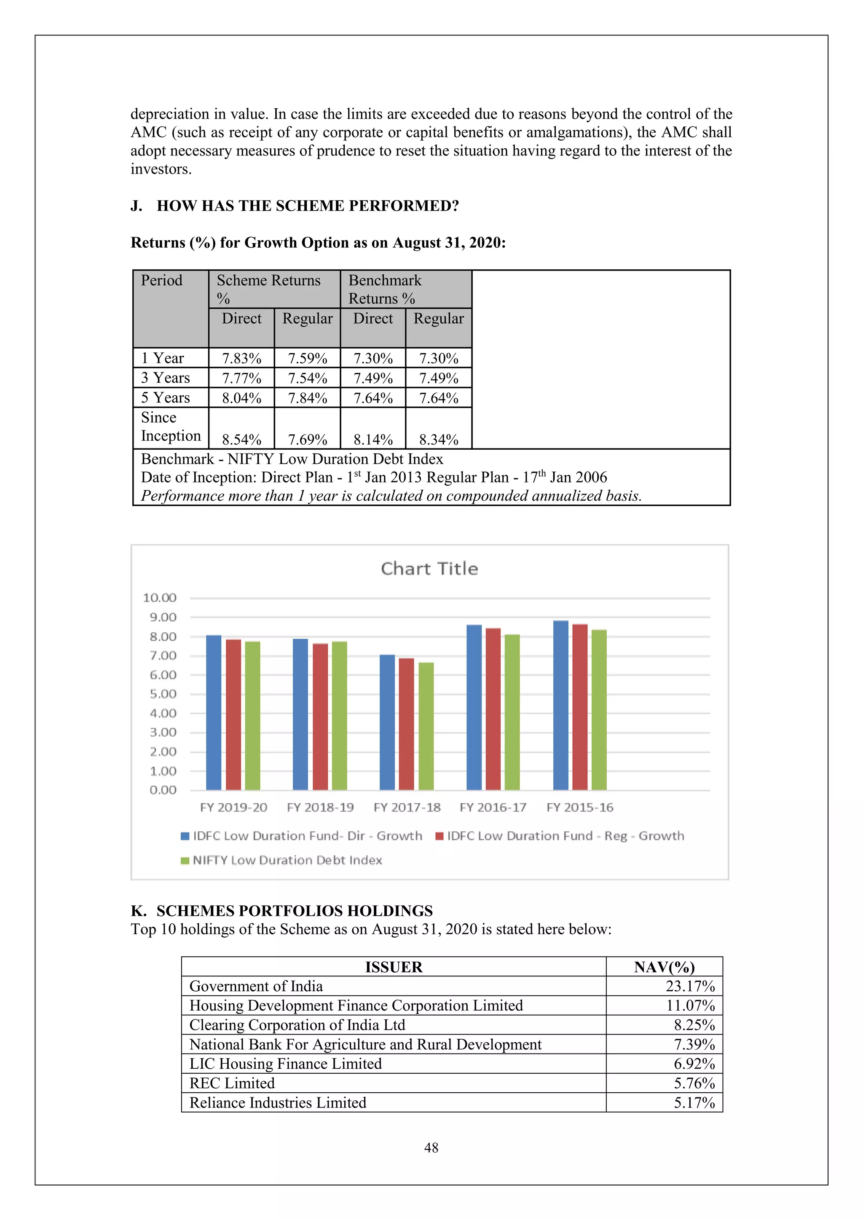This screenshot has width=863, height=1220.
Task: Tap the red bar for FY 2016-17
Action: [x=493, y=709]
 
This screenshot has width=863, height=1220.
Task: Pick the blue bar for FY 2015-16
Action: [x=560, y=705]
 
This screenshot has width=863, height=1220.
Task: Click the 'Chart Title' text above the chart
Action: [x=429, y=568]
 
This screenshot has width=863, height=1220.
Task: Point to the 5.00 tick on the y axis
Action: [x=163, y=694]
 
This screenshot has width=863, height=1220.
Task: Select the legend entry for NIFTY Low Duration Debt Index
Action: [x=287, y=860]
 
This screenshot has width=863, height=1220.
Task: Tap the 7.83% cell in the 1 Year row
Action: [x=242, y=358]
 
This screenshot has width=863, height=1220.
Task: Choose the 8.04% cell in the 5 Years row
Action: [x=242, y=398]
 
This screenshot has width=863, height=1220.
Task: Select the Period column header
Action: [x=161, y=280]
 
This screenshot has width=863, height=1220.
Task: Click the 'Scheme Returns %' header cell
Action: [x=269, y=289]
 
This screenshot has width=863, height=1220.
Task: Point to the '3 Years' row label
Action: [x=165, y=378]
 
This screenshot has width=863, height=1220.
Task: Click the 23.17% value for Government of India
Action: [x=690, y=986]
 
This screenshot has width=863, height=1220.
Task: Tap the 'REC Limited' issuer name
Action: [x=232, y=1083]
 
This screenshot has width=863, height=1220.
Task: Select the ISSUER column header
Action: [x=394, y=967]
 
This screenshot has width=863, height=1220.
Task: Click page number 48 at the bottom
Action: [x=431, y=1148]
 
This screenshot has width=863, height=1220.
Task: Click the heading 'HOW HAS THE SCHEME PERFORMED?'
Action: [x=308, y=206]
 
